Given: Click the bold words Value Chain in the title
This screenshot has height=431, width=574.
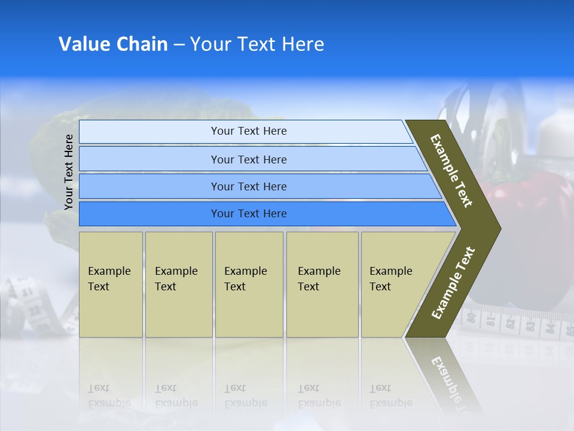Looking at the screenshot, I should point(113,44).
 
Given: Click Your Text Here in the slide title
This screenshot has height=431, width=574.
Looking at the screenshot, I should point(257,44).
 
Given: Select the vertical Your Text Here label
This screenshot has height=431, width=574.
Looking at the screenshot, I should point(69,172).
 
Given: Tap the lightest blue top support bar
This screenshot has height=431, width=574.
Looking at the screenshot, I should point(245,131).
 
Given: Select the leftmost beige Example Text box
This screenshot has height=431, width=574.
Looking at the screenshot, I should point(111,284).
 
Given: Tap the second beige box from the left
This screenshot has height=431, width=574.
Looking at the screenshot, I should point(178,284).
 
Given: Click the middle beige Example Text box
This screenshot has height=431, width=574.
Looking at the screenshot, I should point(249,284).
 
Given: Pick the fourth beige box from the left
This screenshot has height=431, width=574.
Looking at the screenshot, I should point(322,284).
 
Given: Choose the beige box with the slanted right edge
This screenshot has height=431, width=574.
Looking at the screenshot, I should point(395,284).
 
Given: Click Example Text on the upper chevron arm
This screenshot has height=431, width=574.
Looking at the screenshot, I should point(451,171).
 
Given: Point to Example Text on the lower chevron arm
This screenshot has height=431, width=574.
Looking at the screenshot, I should point(453,283).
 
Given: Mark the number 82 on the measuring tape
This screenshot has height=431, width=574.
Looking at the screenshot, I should point(510,323).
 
